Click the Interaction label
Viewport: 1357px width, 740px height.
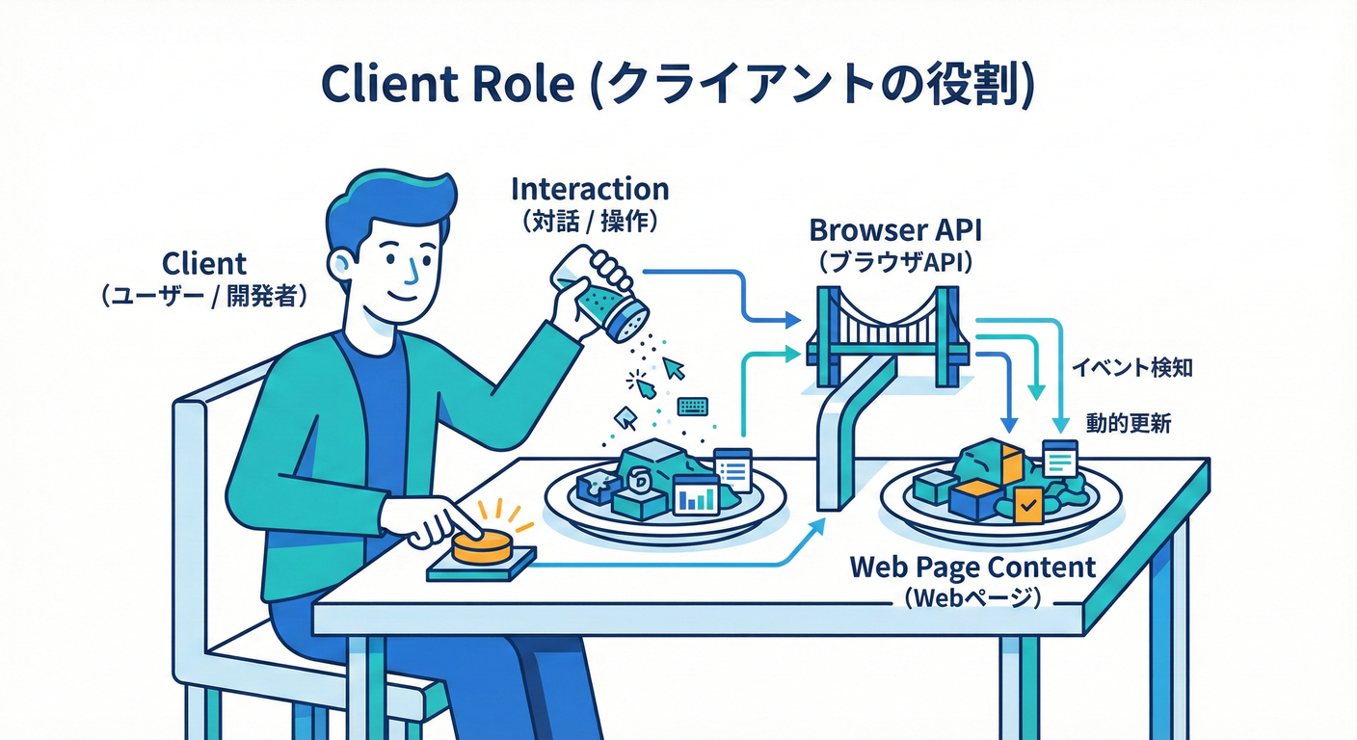(590, 188)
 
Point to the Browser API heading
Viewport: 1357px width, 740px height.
(896, 231)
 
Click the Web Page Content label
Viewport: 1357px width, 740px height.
(972, 567)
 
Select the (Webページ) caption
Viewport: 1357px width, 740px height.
(972, 598)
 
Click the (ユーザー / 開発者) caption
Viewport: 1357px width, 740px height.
(204, 296)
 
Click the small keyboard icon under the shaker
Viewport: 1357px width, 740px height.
(692, 407)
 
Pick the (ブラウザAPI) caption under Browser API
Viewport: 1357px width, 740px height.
(896, 263)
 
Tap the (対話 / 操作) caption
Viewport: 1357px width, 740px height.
(590, 221)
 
